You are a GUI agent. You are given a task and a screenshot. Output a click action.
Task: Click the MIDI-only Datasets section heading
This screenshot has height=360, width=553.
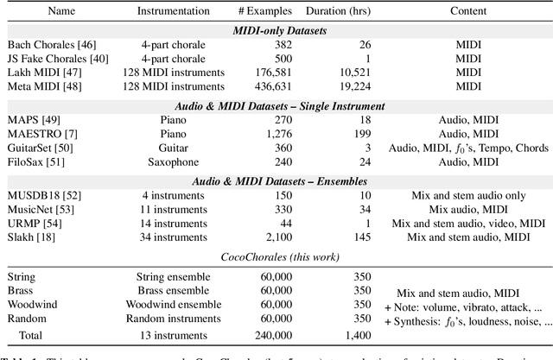click(276, 30)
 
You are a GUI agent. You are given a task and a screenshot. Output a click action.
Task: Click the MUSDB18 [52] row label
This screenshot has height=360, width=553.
click(40, 196)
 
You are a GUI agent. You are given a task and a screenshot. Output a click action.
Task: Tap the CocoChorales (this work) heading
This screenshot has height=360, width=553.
click(276, 256)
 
